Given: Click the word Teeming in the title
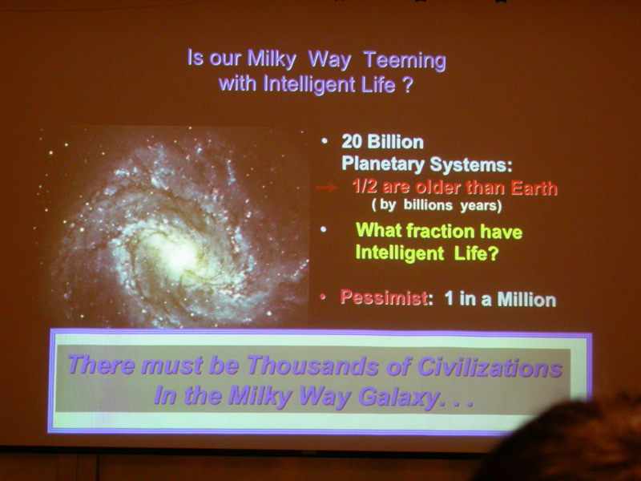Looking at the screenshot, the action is tap(405, 61).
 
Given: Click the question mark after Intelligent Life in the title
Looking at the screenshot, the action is tap(407, 85).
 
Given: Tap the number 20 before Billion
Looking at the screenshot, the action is tap(352, 142).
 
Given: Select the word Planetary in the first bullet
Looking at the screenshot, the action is tap(383, 164).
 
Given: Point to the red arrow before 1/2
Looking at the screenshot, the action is tap(326, 188).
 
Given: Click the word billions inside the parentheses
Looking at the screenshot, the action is tap(428, 204).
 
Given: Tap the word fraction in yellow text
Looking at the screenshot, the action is tap(441, 231).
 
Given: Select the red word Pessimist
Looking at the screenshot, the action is tap(384, 297).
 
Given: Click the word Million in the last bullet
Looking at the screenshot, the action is tap(526, 300).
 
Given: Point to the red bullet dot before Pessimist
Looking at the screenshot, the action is tap(323, 297).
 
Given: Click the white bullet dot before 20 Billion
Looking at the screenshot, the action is tap(325, 141).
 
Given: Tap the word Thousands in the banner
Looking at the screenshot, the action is tap(312, 366).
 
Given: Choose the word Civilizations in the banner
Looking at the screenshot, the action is tap(490, 367).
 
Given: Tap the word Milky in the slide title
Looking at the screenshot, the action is tap(272, 59).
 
